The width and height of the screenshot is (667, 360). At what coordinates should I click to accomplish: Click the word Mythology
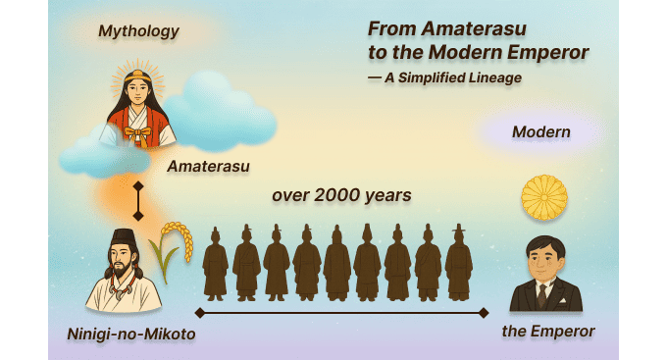(138, 31)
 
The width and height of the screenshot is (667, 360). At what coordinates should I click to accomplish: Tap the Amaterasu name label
(207, 166)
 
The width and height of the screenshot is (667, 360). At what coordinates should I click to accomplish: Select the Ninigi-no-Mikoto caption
(130, 334)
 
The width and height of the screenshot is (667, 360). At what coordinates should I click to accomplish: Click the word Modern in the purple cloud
(540, 131)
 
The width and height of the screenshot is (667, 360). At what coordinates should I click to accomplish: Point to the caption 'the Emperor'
(548, 332)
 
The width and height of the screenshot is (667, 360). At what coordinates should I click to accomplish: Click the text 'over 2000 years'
(340, 195)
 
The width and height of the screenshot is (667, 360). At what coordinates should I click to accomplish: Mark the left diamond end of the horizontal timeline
(200, 313)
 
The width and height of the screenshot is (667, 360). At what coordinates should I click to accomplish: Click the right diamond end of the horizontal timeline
(483, 313)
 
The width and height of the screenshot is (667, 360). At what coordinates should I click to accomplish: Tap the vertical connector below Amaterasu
(138, 200)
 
